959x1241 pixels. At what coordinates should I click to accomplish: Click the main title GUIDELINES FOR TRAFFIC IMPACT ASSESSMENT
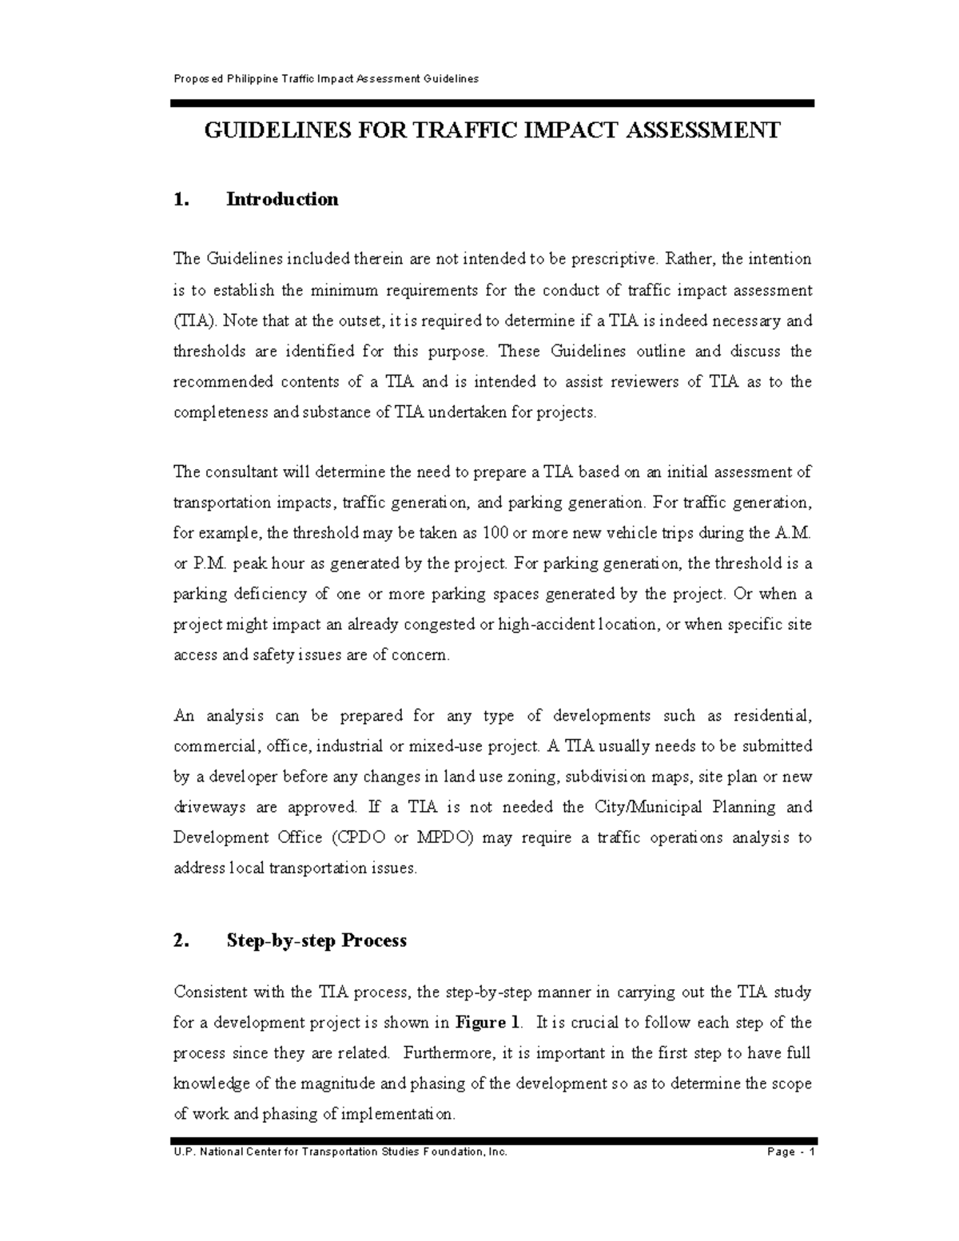(x=491, y=130)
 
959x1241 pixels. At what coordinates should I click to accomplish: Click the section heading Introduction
(x=282, y=199)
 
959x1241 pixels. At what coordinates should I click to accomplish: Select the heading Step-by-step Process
(x=316, y=941)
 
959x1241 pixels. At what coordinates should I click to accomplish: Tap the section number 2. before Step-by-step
(x=181, y=941)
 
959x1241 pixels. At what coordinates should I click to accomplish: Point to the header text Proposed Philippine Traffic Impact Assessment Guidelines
(x=326, y=78)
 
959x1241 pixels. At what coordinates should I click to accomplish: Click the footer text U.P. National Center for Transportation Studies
(x=340, y=1152)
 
